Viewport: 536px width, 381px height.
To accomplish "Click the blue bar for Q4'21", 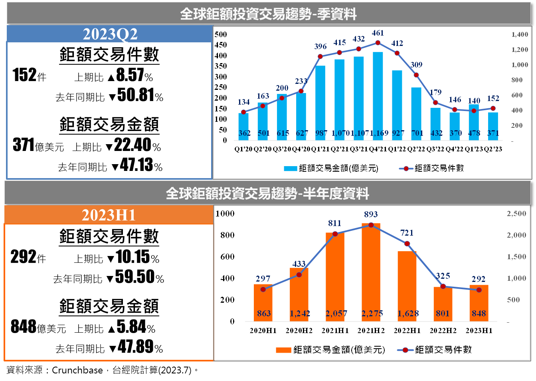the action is tap(378, 96).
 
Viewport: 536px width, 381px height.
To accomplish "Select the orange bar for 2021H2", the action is tap(371, 272).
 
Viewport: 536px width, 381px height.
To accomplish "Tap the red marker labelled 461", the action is tap(378, 43).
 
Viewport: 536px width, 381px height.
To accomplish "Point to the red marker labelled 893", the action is tap(371, 225).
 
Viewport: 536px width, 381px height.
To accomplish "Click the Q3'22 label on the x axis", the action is tap(435, 149).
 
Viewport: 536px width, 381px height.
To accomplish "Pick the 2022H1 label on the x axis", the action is tap(407, 330).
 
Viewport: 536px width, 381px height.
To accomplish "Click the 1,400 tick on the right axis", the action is tap(520, 34).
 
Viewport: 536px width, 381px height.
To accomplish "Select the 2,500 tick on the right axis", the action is tap(516, 213).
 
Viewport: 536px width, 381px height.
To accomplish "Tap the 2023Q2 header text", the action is tap(110, 34).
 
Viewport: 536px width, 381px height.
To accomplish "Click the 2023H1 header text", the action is tap(109, 215).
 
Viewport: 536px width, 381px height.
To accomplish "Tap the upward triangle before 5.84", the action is tap(111, 329).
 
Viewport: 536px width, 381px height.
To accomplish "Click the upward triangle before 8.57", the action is tap(111, 78).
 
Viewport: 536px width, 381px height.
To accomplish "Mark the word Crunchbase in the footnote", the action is tap(77, 370).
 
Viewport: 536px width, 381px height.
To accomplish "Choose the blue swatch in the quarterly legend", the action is tap(290, 169).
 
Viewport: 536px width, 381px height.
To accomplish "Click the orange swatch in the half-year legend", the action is tap(283, 350).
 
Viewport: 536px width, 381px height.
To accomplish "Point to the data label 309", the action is tap(416, 65).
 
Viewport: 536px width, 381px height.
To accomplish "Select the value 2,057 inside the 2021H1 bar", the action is tap(336, 313).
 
